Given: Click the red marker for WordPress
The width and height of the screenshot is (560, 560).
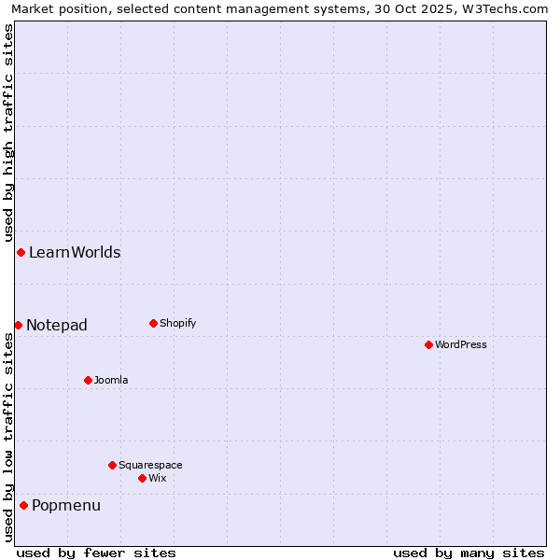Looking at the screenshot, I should [x=428, y=344].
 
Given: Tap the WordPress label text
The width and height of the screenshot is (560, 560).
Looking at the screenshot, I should [x=461, y=344].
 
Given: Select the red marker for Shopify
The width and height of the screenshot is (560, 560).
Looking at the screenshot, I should [x=153, y=323].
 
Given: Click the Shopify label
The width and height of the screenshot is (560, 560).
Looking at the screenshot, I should [x=178, y=323].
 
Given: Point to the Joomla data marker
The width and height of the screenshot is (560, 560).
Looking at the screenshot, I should [x=88, y=380].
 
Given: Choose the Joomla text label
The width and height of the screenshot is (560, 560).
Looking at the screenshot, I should [x=111, y=380].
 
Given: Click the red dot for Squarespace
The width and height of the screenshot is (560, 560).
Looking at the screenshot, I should [x=112, y=465].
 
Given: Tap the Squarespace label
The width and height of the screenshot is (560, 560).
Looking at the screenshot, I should [x=150, y=465].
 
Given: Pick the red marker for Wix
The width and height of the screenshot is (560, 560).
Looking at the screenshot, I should [x=142, y=478].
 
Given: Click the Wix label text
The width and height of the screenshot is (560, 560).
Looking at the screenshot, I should [x=158, y=478].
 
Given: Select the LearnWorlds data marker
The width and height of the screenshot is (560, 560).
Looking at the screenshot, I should [x=21, y=252].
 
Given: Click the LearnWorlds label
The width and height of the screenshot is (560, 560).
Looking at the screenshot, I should [x=75, y=252].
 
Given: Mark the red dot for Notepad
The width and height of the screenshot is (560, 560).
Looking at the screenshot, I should [x=18, y=325].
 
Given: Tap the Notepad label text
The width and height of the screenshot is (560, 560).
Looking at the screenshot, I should [x=57, y=325].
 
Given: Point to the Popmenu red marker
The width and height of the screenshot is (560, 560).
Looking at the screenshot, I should [x=23, y=505].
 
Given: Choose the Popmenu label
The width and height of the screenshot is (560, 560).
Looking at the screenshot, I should [x=66, y=505].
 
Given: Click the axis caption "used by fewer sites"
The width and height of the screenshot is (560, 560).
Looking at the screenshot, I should [x=96, y=553].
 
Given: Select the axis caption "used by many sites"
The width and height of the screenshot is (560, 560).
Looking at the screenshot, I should [x=469, y=553].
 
